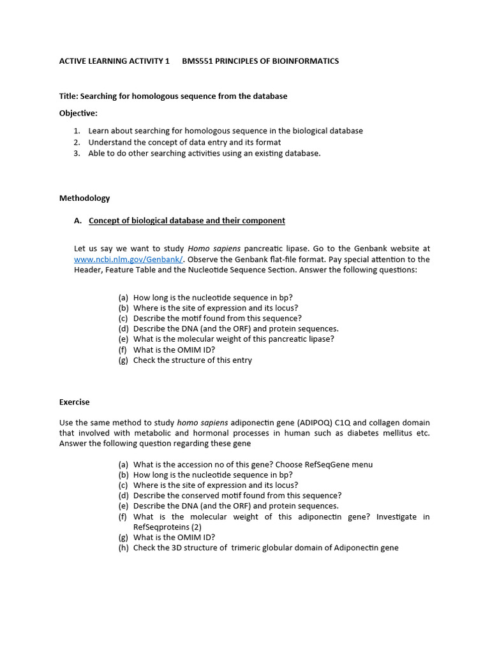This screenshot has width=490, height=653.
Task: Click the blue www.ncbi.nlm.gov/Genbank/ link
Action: tap(128, 260)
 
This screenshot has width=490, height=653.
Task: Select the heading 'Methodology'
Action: tap(84, 198)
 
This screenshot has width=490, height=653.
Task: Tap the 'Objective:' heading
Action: tap(78, 113)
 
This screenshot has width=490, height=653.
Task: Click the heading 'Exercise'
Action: tap(75, 402)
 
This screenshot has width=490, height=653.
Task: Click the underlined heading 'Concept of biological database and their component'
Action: tap(187, 221)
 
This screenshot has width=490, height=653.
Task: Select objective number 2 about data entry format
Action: tap(184, 142)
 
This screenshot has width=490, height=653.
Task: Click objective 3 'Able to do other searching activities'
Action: tap(204, 153)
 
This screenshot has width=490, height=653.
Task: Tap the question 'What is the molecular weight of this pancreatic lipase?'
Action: tap(234, 339)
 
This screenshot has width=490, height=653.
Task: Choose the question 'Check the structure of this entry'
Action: tap(193, 360)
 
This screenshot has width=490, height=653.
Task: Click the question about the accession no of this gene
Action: tap(253, 464)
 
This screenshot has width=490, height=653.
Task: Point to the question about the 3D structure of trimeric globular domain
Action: tap(265, 548)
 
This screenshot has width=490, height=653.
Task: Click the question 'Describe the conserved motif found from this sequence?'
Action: tap(237, 495)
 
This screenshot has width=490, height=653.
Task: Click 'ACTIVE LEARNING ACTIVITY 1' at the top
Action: tap(114, 61)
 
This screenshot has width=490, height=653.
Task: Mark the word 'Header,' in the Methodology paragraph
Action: tap(89, 270)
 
